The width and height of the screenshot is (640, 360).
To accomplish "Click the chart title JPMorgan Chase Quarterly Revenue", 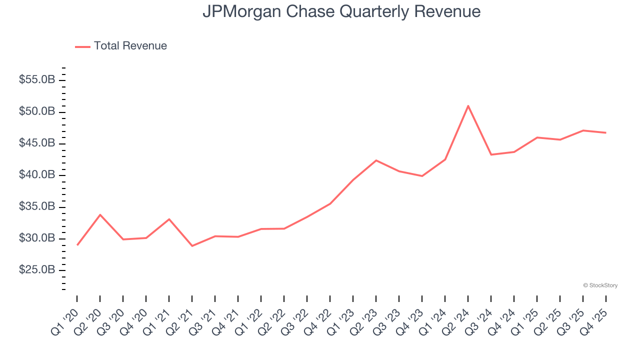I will pyautogui.click(x=341, y=11).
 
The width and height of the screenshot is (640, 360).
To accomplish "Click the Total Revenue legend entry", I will pyautogui.click(x=129, y=46).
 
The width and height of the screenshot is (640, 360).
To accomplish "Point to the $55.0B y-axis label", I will pyautogui.click(x=37, y=80).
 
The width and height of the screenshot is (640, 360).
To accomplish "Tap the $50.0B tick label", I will pyautogui.click(x=37, y=111).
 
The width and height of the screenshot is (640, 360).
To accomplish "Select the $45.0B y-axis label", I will pyautogui.click(x=37, y=143).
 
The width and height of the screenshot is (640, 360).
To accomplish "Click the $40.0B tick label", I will pyautogui.click(x=37, y=175).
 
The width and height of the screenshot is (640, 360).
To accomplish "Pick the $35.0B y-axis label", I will pyautogui.click(x=37, y=206).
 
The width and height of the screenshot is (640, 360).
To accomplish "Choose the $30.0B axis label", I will pyautogui.click(x=37, y=238).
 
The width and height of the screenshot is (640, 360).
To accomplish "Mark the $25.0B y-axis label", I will pyautogui.click(x=37, y=270).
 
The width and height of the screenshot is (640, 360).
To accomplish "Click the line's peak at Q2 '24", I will pyautogui.click(x=468, y=106).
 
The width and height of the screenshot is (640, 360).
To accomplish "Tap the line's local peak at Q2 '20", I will pyautogui.click(x=100, y=215).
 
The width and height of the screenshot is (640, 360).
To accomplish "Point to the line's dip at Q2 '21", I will pyautogui.click(x=192, y=246).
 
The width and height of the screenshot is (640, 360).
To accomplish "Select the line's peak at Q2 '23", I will pyautogui.click(x=376, y=160).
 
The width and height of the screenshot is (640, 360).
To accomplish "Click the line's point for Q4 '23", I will pyautogui.click(x=422, y=176).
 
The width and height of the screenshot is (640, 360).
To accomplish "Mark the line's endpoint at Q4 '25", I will pyautogui.click(x=606, y=132).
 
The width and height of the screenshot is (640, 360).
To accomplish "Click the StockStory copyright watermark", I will pyautogui.click(x=600, y=285).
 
